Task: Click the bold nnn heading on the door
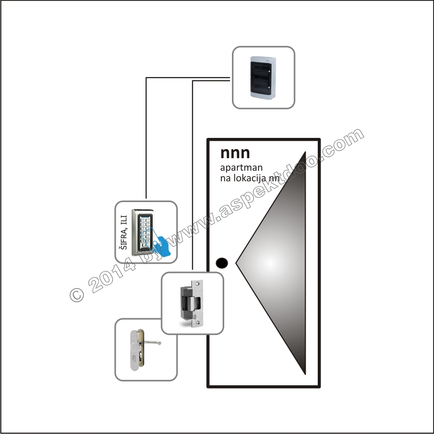click(235, 153)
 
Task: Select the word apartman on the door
click(241, 168)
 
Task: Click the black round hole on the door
click(222, 263)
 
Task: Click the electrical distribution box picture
click(263, 77)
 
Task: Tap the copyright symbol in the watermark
click(77, 294)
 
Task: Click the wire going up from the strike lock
click(193, 174)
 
